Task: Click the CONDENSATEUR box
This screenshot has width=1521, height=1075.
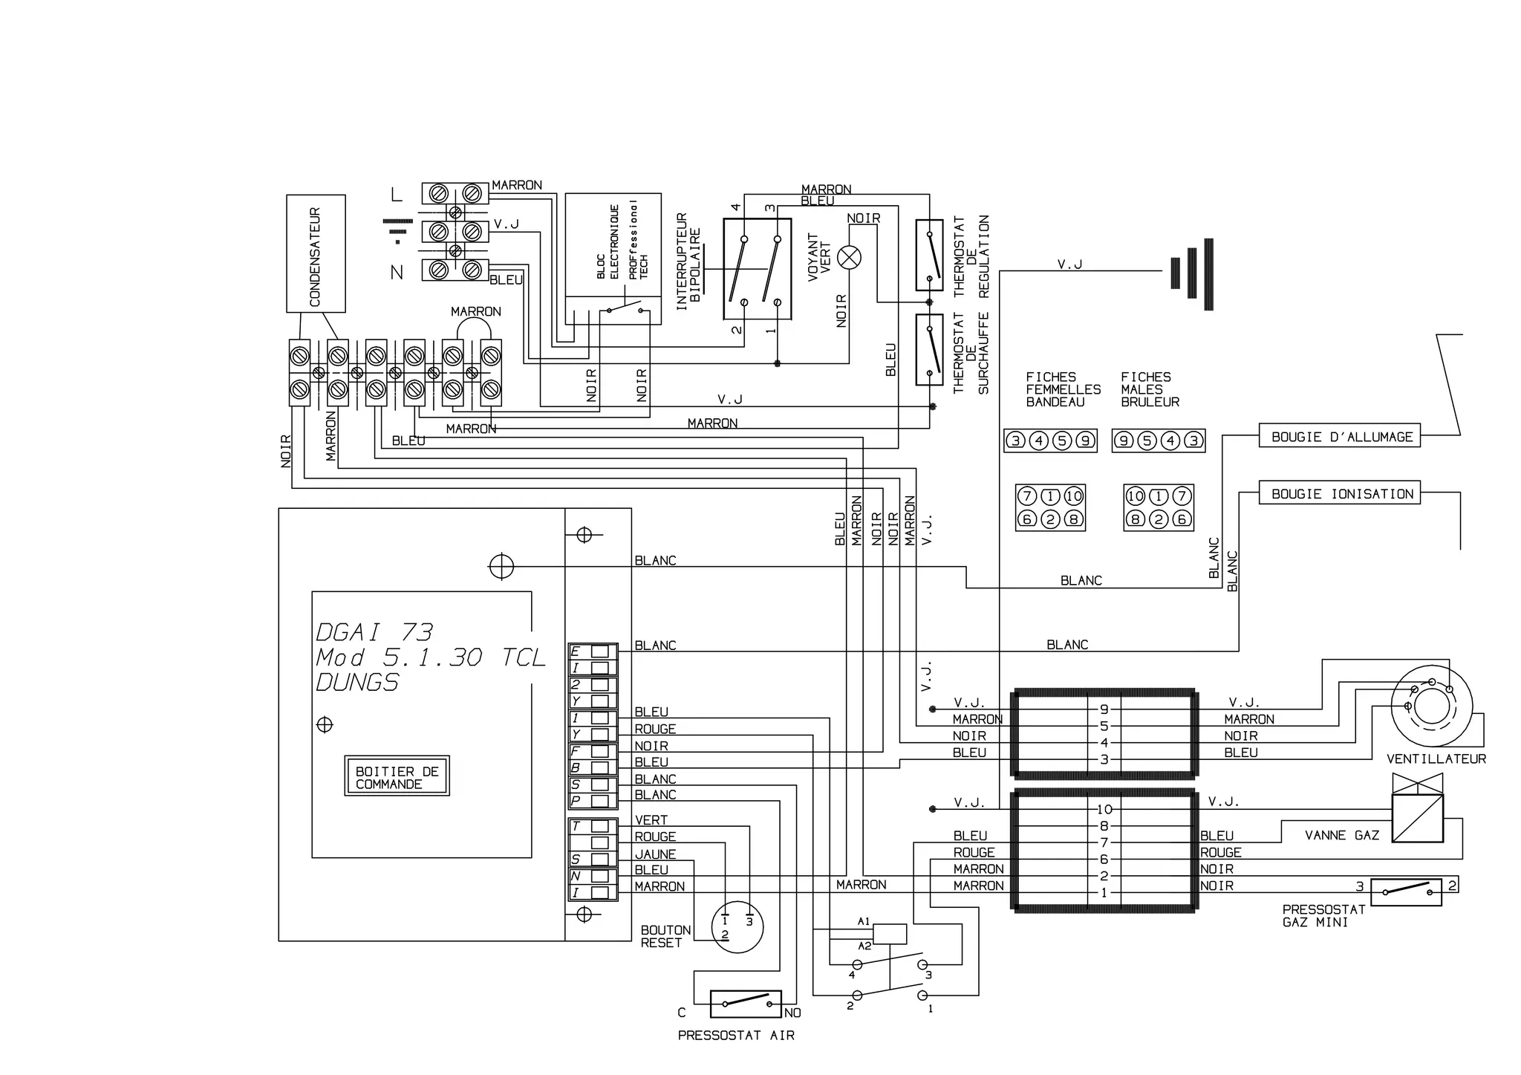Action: pos(316,253)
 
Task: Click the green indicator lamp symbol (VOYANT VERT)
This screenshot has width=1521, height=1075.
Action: pos(849,258)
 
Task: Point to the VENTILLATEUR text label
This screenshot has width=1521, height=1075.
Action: pos(1436,759)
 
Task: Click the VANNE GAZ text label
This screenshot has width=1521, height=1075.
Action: pos(1341,836)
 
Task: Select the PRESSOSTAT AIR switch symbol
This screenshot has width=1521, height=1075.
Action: pos(746,1004)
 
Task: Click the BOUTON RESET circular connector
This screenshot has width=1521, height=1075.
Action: pos(737,927)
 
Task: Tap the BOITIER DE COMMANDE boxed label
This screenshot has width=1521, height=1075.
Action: pos(397,777)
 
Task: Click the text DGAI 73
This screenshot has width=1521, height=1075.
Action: pos(374,632)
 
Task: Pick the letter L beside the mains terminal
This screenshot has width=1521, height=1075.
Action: pos(397,195)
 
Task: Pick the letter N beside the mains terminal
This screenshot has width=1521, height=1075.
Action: pos(397,273)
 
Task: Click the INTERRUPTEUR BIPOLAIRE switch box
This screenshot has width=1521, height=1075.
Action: pos(757,269)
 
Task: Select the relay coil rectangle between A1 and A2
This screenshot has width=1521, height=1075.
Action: pos(889,933)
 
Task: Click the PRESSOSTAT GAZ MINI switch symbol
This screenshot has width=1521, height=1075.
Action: pos(1405,891)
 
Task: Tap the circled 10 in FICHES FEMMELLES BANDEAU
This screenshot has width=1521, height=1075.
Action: pos(1074,496)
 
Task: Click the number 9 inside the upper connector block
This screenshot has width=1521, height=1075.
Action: pos(1104,709)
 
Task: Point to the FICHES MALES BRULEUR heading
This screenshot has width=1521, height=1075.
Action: pos(1150,389)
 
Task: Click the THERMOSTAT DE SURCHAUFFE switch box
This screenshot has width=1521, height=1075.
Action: pos(929,349)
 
